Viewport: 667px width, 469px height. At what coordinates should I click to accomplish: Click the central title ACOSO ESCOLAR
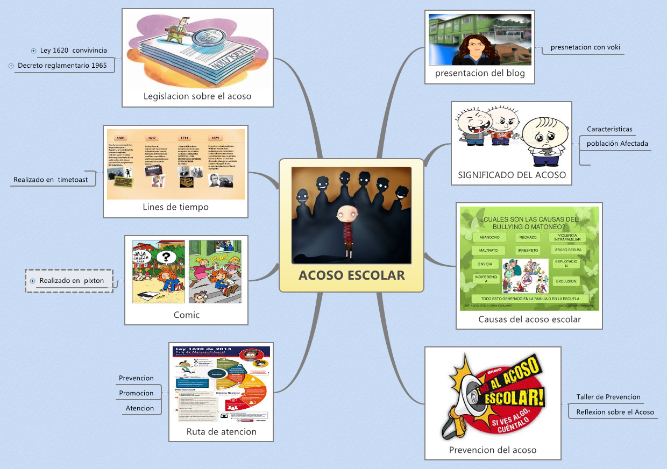coord(352,275)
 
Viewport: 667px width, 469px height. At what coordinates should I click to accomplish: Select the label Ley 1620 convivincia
coord(73,51)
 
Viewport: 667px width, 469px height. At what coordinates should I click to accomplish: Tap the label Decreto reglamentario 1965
coord(62,66)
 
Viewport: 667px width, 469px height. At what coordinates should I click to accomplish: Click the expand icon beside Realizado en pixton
coord(33,281)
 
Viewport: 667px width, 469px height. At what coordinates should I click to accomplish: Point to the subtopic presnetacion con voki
coord(585,47)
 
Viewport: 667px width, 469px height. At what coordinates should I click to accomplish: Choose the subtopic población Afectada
coord(617,144)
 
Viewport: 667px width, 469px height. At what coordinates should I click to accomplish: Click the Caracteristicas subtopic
coord(609,129)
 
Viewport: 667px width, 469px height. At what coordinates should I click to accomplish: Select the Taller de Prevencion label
coord(608,397)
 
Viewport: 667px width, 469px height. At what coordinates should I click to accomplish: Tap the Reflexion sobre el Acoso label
coord(615,412)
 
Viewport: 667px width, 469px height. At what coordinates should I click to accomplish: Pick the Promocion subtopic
coord(136,393)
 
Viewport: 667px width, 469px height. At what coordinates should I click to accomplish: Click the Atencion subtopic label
coord(140,408)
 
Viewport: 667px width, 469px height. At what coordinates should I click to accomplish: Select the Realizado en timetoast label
coord(51,180)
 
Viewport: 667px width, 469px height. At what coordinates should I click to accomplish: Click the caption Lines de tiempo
coord(175,207)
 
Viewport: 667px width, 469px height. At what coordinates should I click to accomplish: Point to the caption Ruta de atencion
coord(221,431)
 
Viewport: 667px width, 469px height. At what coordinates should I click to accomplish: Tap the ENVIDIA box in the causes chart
coord(485,264)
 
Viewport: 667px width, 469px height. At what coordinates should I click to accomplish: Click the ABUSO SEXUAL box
coord(567,250)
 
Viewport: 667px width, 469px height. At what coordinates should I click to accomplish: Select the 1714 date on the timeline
coord(185,138)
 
